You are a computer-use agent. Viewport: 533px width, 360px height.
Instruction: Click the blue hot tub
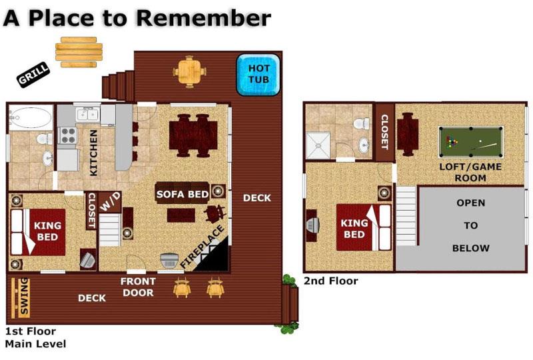coord(259,74)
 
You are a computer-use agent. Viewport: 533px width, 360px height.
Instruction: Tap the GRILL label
coord(32,78)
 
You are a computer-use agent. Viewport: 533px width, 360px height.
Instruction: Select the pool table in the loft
coord(470,141)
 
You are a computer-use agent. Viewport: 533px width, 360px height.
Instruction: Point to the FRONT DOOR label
coord(138,287)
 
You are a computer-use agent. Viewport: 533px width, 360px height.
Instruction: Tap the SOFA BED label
coord(183,194)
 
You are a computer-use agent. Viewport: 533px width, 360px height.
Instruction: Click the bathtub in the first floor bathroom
coord(31,118)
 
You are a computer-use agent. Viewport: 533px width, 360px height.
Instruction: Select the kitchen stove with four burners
coord(68,135)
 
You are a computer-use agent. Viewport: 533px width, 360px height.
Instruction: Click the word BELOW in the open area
coord(470,248)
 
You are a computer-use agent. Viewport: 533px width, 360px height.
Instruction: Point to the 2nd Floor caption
coord(330,281)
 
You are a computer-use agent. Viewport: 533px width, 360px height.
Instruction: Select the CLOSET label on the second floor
coord(384,131)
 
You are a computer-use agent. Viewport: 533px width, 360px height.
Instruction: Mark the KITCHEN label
coord(93,153)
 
